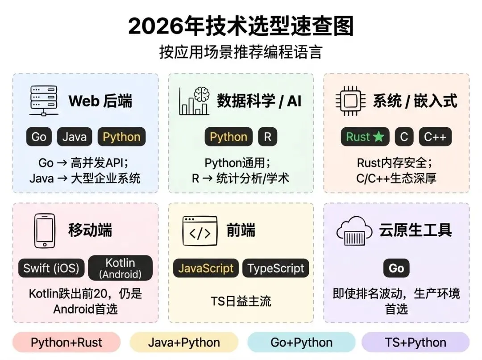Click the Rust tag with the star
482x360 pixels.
[365, 137]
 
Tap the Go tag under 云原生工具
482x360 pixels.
[396, 268]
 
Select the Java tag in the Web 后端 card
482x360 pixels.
[75, 137]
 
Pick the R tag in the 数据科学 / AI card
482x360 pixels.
[267, 137]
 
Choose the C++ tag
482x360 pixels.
[435, 137]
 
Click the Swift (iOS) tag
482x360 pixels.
[51, 268]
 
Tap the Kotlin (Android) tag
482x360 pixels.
[120, 268]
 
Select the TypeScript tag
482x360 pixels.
[276, 268]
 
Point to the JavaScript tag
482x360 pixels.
[206, 268]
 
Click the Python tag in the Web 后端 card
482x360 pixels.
[121, 137]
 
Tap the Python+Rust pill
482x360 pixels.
[66, 343]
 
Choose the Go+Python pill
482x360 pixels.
[301, 343]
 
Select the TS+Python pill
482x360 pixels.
[416, 343]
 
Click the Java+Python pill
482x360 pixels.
[184, 343]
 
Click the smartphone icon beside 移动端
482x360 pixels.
[45, 231]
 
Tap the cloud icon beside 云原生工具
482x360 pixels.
[354, 231]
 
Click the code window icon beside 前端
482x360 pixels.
[200, 231]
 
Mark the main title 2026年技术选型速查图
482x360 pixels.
[241, 26]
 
